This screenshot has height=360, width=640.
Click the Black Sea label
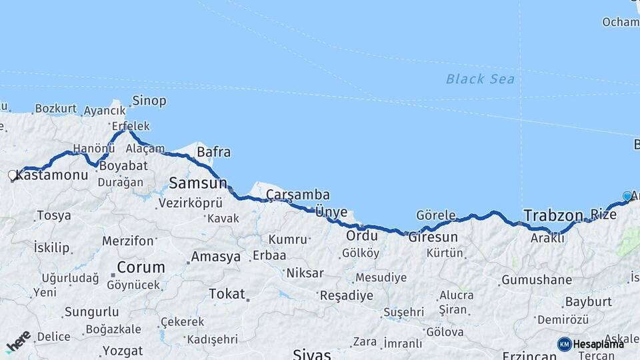[480, 79]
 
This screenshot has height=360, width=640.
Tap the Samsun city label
[197, 183]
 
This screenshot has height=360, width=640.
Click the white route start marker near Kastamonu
[12, 175]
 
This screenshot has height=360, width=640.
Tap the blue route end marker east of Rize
[627, 196]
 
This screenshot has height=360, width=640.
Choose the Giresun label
[433, 237]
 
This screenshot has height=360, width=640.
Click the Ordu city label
[362, 235]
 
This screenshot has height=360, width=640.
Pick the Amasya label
[215, 257]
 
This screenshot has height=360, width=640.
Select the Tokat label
[227, 293]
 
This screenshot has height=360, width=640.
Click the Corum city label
[141, 267]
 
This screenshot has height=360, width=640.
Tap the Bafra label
[213, 152]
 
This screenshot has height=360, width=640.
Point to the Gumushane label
[536, 280]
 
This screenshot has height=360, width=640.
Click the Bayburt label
[588, 301]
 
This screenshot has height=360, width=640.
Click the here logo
[18, 342]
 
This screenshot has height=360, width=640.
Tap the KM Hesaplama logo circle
[564, 344]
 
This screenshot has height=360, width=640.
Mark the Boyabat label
[123, 164]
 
